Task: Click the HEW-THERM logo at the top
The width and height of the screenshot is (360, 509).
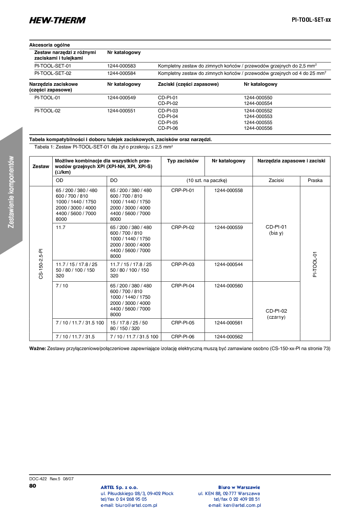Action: pos(57,20)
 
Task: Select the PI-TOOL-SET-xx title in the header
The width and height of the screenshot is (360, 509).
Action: pos(311,20)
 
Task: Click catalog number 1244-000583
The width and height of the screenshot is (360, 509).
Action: pos(121,66)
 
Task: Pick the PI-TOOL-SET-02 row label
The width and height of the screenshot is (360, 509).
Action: pos(53,74)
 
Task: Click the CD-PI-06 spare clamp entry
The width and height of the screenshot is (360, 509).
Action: pos(168,128)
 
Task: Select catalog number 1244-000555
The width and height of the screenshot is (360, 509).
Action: pos(258,123)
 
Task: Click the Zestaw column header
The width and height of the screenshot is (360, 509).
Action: pos(41,167)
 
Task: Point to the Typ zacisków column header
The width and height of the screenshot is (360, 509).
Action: pos(183,161)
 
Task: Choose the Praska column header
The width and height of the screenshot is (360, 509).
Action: pos(315,180)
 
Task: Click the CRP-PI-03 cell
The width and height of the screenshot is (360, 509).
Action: pos(183,264)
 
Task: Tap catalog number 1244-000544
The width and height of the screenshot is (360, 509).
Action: pos(229,264)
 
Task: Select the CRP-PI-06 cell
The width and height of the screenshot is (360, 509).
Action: pos(183,337)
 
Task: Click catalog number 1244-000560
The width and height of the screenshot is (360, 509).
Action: pos(229,286)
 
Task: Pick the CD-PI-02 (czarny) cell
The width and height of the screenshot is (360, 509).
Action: pos(276,314)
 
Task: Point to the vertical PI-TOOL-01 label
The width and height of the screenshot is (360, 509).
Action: pos(315,264)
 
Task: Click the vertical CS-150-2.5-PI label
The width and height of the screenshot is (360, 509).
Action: pos(41,264)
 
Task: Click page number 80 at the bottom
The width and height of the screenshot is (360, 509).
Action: pos(33,485)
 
